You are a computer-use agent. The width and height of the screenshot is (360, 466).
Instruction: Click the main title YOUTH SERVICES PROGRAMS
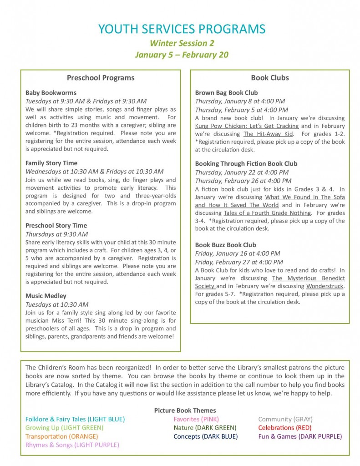(182, 29)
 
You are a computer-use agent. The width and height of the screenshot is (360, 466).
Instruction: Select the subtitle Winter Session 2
(182, 43)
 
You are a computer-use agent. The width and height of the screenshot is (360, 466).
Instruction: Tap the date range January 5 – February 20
(182, 55)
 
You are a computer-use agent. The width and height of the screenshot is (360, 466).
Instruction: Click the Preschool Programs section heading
(101, 77)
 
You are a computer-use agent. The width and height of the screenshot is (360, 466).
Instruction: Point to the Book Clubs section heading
(270, 77)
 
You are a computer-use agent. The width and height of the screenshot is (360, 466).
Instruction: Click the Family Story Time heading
(51, 163)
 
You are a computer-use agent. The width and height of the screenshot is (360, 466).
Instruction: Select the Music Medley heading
(46, 296)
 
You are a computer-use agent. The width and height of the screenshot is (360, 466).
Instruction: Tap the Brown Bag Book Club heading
(226, 92)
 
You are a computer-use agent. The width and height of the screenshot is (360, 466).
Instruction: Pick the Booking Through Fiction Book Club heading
(246, 163)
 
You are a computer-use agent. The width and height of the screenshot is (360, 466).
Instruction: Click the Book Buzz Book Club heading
(225, 245)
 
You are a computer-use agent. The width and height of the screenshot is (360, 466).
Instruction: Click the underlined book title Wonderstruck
(325, 286)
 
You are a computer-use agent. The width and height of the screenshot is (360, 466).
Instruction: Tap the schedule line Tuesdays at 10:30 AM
(57, 304)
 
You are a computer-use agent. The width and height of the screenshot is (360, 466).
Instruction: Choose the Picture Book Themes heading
(185, 410)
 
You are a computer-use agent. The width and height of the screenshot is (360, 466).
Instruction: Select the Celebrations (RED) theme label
(284, 428)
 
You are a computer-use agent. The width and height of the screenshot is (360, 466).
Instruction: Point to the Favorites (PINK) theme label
(196, 419)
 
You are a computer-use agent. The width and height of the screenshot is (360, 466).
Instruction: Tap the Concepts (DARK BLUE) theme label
(205, 436)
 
